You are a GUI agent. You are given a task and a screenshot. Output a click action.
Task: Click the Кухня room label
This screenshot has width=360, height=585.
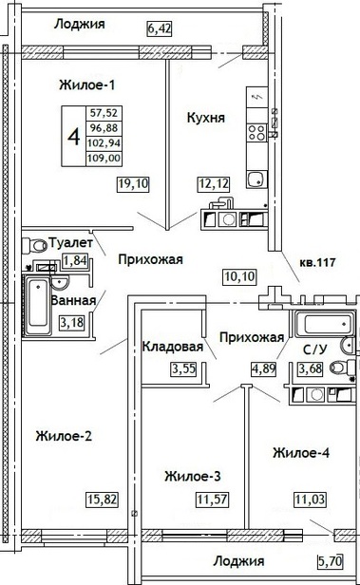(x=205, y=118)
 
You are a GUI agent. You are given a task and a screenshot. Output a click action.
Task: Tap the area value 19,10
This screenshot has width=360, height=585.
(x=133, y=183)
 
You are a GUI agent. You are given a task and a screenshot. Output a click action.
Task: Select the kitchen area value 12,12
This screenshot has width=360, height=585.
(x=213, y=183)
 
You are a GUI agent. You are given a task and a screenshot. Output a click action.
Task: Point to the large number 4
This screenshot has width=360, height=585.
(x=74, y=137)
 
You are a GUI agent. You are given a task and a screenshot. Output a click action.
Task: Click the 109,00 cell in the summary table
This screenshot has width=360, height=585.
(x=104, y=159)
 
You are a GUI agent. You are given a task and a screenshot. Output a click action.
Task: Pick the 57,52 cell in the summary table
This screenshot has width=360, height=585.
(x=104, y=113)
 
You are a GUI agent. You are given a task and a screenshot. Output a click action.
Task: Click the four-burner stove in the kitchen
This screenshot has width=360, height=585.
(x=257, y=132)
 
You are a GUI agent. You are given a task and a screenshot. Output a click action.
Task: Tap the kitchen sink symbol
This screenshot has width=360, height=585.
(x=256, y=179)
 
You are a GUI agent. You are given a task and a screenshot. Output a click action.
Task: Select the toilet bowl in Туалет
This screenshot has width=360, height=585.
(x=33, y=245)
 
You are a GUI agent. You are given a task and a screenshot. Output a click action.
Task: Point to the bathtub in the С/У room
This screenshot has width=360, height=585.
(x=324, y=324)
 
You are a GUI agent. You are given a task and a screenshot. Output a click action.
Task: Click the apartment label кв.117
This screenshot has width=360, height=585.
(x=317, y=263)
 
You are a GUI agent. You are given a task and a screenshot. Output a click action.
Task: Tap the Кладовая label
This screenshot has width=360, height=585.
(x=173, y=347)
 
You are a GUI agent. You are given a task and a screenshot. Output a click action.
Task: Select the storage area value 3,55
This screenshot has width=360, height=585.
(x=184, y=368)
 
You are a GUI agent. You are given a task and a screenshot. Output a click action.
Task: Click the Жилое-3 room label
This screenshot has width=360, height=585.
(x=193, y=477)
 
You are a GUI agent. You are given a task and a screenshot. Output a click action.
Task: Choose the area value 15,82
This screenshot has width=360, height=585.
(x=103, y=499)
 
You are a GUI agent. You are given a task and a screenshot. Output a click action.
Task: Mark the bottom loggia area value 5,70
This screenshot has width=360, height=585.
(x=331, y=560)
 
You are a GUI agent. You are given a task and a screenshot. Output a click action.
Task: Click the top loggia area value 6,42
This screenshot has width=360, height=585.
(x=160, y=28)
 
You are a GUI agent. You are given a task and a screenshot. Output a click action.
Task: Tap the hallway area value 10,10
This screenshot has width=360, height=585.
(x=240, y=276)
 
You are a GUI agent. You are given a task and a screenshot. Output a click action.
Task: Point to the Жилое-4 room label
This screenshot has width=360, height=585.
(x=301, y=453)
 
